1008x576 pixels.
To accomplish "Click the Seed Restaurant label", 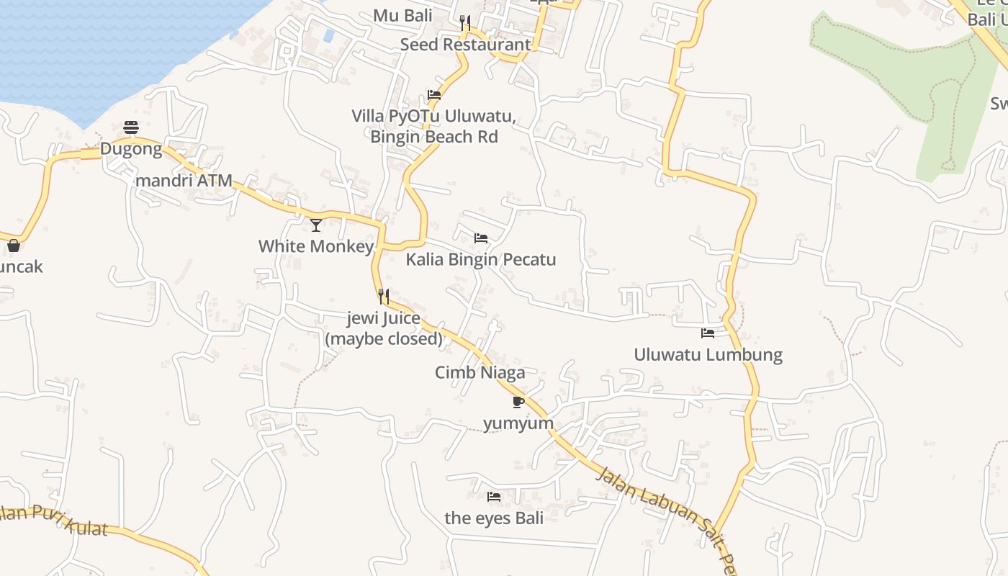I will pyautogui.click(x=465, y=45).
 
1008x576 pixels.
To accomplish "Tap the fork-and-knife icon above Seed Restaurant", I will pyautogui.click(x=465, y=23).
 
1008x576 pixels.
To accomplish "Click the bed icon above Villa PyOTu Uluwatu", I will pyautogui.click(x=434, y=94).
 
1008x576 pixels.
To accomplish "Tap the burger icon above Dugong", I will pyautogui.click(x=131, y=127).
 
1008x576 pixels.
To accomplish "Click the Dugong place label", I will pyautogui.click(x=131, y=149).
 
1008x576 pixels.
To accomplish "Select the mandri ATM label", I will pyautogui.click(x=184, y=181).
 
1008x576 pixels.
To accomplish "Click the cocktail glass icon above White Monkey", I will pyautogui.click(x=316, y=225).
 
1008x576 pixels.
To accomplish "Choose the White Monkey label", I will pyautogui.click(x=316, y=246).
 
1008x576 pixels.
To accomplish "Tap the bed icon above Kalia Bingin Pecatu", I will pyautogui.click(x=481, y=238).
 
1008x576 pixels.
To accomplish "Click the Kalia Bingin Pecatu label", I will pyautogui.click(x=481, y=259).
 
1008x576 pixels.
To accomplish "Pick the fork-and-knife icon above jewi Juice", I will pyautogui.click(x=384, y=296).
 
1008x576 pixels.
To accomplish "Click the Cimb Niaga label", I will pyautogui.click(x=480, y=372).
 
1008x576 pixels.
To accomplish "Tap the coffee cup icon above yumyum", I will pyautogui.click(x=518, y=401).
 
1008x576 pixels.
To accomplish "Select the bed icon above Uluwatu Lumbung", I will pyautogui.click(x=708, y=333).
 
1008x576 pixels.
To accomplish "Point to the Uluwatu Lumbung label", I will pyautogui.click(x=708, y=354).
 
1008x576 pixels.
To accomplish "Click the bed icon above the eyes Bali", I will pyautogui.click(x=494, y=496).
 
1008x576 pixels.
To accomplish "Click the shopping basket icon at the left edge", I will pyautogui.click(x=13, y=246).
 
